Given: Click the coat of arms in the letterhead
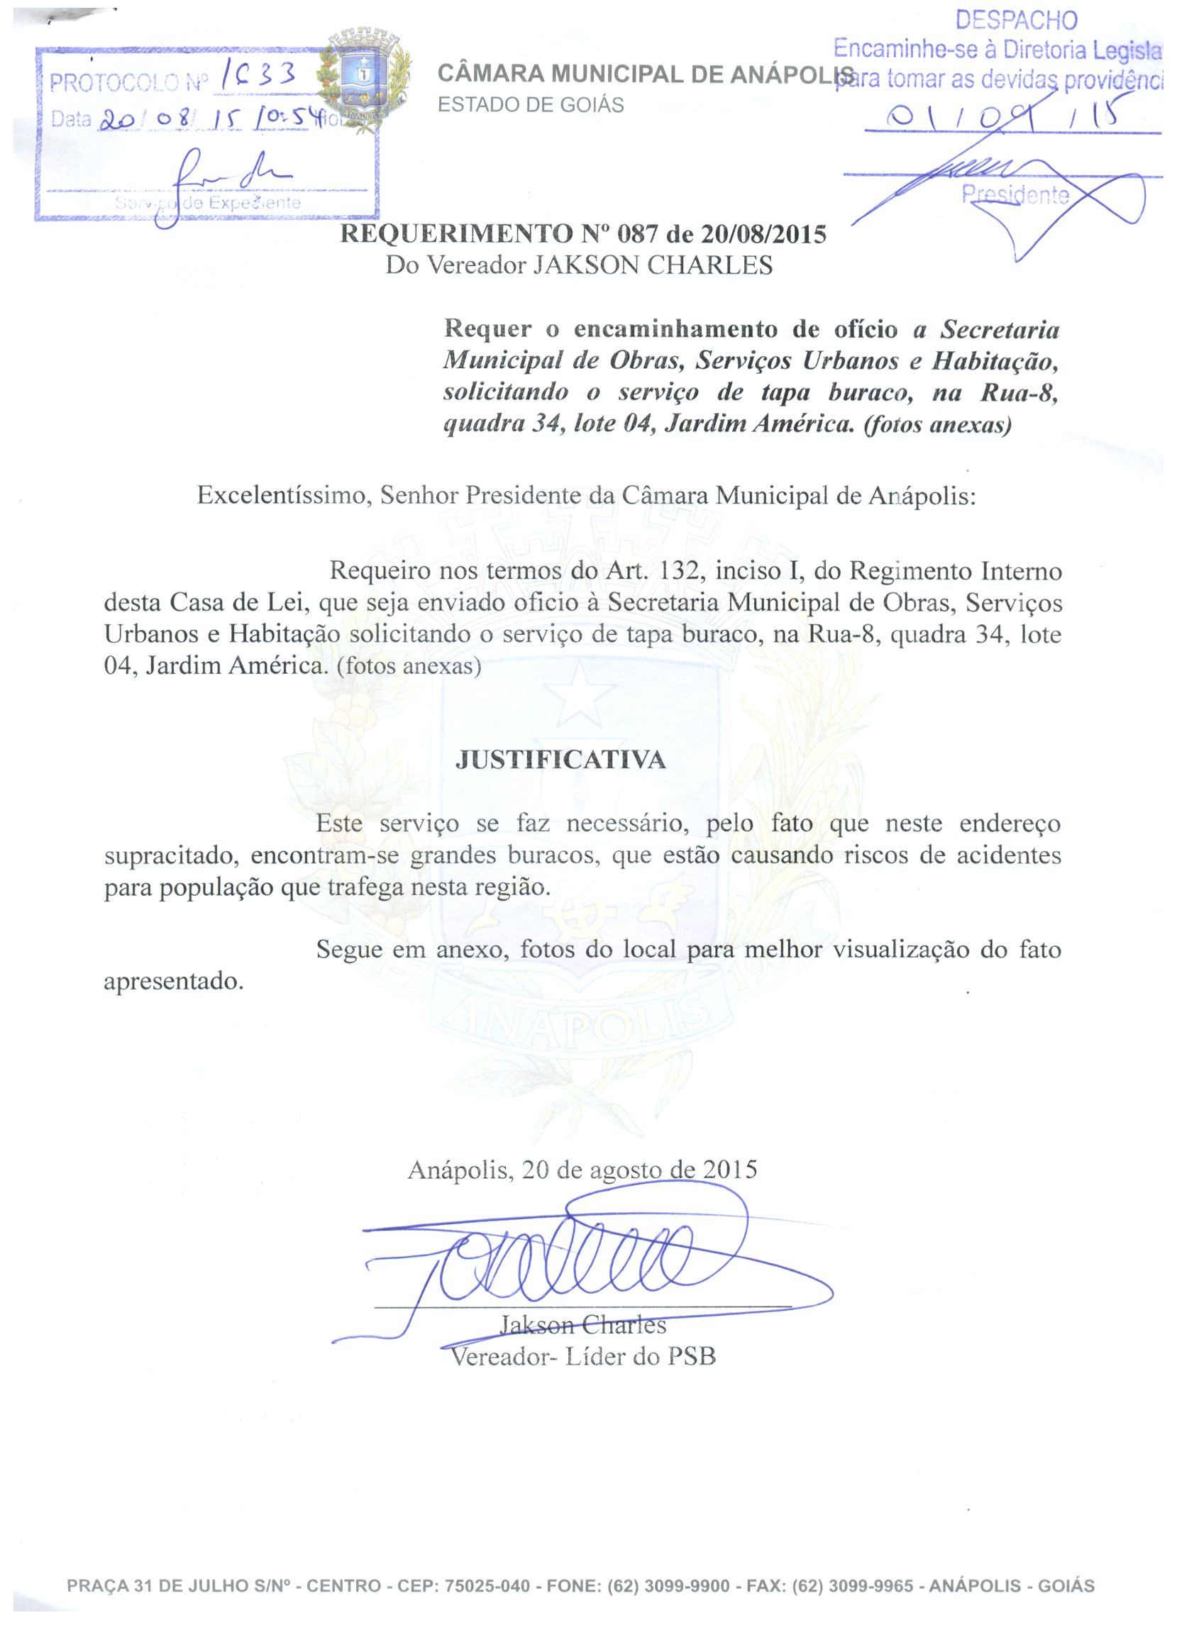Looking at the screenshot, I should (363, 79).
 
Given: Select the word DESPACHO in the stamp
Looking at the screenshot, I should (1016, 20).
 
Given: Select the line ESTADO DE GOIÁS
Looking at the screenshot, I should (531, 104).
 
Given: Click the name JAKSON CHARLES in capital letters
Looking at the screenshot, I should (652, 265).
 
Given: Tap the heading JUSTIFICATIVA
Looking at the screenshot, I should (560, 760).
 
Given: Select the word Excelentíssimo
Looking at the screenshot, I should (284, 495).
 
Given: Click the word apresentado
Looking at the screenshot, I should (174, 980).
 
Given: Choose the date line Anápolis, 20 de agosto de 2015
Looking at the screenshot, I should (582, 1170).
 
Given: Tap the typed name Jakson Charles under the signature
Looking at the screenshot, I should (582, 1325).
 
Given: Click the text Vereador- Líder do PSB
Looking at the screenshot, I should (582, 1356).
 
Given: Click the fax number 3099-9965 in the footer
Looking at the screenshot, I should (871, 1586).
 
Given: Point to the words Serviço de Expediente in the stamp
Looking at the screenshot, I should (208, 203).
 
